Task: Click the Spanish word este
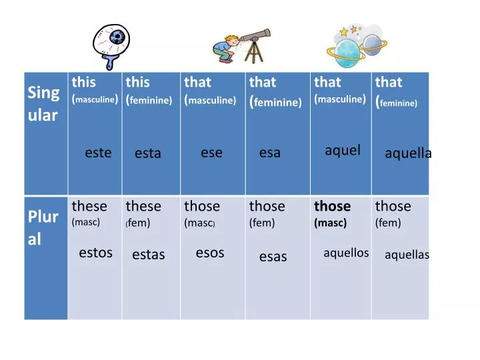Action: click(98, 153)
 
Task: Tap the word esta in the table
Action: click(147, 153)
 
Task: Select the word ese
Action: click(211, 153)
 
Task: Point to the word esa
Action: click(270, 153)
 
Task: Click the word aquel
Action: click(342, 150)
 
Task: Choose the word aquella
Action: click(408, 153)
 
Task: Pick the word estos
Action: click(95, 253)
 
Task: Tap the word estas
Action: click(148, 254)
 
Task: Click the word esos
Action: click(210, 253)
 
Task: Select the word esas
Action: click(273, 256)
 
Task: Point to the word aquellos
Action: click(346, 253)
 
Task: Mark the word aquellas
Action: click(407, 255)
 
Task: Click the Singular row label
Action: click(43, 103)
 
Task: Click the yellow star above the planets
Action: click(344, 31)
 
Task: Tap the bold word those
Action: click(332, 206)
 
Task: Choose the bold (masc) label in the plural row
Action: click(330, 223)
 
